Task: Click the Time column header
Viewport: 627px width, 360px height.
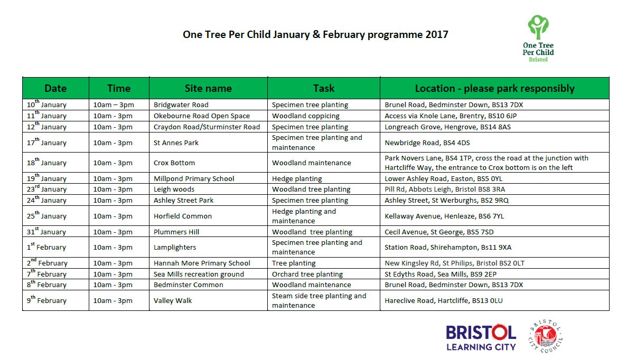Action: click(119, 88)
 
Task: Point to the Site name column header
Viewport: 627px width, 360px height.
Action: click(208, 88)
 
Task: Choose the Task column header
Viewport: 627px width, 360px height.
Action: click(323, 88)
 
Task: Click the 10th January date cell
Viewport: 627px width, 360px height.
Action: click(46, 105)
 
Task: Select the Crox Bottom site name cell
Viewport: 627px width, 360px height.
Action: click(174, 163)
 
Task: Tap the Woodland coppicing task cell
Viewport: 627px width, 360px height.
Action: click(306, 116)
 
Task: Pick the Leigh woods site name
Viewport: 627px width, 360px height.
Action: click(174, 189)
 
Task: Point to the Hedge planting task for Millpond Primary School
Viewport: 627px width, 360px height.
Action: click(297, 178)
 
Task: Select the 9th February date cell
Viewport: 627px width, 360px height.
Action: click(48, 300)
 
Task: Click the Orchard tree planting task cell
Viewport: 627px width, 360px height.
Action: click(307, 274)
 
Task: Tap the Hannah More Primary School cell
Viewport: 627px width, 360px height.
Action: click(202, 263)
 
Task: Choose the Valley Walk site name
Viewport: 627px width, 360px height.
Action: click(173, 300)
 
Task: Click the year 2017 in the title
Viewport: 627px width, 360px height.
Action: click(436, 35)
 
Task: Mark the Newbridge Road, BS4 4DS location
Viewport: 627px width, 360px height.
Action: click(427, 143)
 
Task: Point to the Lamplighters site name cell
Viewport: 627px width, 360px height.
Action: click(175, 247)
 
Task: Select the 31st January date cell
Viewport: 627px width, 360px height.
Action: click(46, 232)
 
